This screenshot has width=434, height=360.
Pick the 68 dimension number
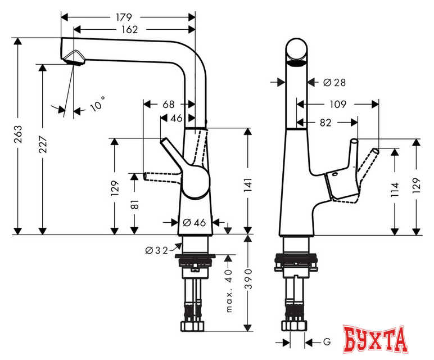[168, 104]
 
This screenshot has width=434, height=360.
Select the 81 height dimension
[134, 206]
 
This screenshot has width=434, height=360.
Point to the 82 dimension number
[325, 121]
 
